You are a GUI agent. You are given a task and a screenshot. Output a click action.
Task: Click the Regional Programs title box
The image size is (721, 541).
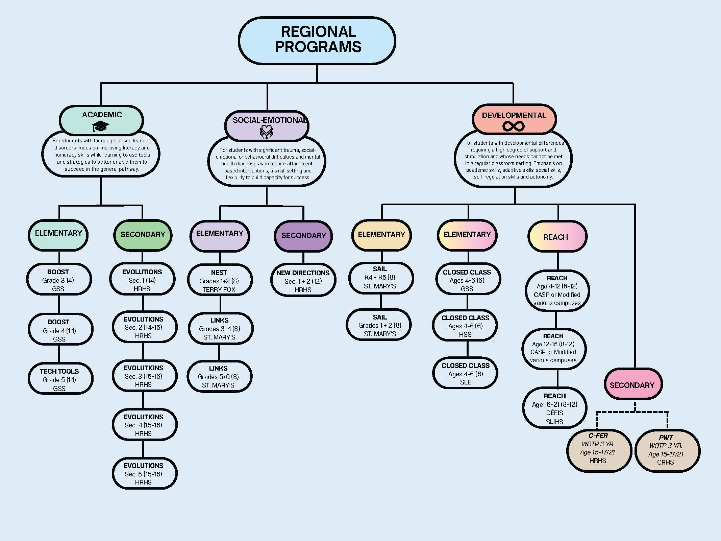tap(317, 40)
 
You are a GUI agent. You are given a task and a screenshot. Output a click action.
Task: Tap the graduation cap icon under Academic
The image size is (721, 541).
tap(101, 127)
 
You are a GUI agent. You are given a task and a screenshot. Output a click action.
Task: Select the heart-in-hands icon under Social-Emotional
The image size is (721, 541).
tap(267, 132)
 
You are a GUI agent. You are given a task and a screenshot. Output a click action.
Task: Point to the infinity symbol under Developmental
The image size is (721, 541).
tap(513, 126)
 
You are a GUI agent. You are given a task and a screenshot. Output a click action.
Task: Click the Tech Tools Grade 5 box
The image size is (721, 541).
tap(60, 379)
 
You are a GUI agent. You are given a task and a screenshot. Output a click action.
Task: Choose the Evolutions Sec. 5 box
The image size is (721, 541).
tap(144, 473)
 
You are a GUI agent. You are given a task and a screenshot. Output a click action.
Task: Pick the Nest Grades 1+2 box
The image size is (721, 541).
tap(220, 280)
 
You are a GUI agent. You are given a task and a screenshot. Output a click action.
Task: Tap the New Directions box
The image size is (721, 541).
tap(303, 281)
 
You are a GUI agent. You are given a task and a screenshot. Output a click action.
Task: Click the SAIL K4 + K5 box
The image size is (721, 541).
tap(380, 278)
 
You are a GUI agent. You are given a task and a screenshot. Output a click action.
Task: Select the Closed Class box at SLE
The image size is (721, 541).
tap(466, 373)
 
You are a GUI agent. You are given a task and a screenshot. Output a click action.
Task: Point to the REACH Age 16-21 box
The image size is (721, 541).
tap(554, 408)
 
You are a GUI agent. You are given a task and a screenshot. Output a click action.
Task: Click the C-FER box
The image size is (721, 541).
tap(598, 450)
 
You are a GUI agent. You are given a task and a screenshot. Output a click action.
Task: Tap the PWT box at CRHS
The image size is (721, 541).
tap(667, 451)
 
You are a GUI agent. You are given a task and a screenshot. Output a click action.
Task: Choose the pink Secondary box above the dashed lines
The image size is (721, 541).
tap(632, 385)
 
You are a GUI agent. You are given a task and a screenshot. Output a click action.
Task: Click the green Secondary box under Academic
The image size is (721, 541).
tap(143, 235)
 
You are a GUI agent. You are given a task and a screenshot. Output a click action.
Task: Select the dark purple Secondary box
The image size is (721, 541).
tap(303, 236)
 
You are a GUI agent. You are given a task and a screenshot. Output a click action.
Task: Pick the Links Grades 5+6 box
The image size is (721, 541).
tap(219, 376)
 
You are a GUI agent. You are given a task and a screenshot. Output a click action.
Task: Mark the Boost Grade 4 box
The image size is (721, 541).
tap(60, 330)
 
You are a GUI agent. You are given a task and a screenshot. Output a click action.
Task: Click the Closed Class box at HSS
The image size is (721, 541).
tap(466, 326)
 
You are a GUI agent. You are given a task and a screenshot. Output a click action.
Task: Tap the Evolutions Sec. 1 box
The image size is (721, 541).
tap(143, 280)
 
